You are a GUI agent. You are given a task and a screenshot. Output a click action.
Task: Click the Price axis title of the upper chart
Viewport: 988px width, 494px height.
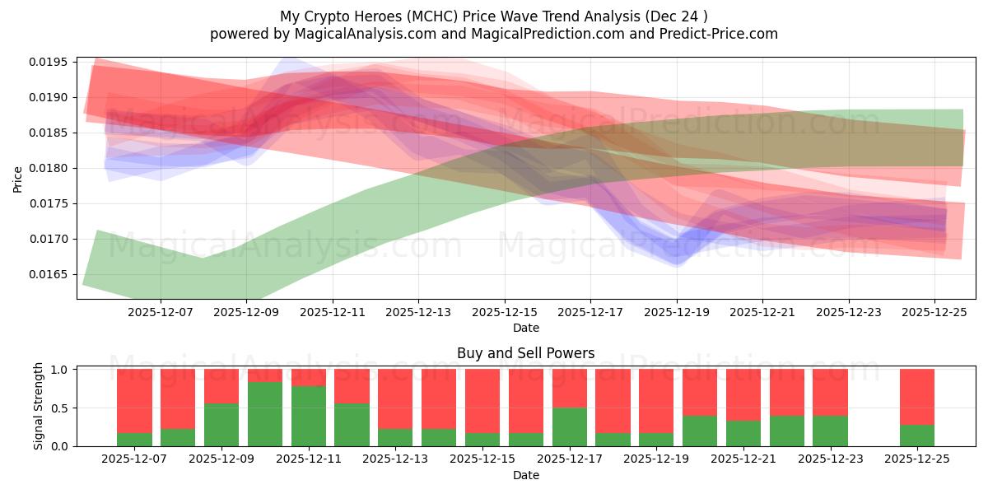pos(18,178)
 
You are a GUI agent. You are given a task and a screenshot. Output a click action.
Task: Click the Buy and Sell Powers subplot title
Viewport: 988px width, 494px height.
pos(525,353)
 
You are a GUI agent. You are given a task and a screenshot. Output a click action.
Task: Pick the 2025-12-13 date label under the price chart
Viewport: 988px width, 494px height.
pos(418,312)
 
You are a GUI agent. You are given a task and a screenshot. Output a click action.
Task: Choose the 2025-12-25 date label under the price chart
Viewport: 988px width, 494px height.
pos(934,312)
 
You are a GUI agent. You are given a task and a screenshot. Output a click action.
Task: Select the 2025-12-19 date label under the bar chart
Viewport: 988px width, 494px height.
pos(656,459)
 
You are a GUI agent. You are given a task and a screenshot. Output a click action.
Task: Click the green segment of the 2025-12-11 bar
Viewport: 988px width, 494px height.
pos(309,416)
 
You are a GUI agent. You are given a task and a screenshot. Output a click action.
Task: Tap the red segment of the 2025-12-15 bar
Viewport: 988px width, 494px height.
pos(482,401)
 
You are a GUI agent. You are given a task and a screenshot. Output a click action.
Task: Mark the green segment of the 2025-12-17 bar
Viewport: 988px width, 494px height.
pos(570,426)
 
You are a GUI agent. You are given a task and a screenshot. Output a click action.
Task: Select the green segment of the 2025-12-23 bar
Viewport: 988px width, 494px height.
pos(830,431)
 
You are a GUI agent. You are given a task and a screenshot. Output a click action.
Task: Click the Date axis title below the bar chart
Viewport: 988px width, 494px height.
pos(525,475)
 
